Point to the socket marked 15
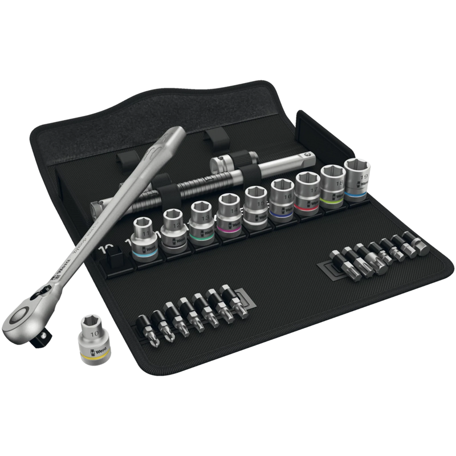click(x=257, y=206)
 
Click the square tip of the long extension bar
click(x=97, y=204)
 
